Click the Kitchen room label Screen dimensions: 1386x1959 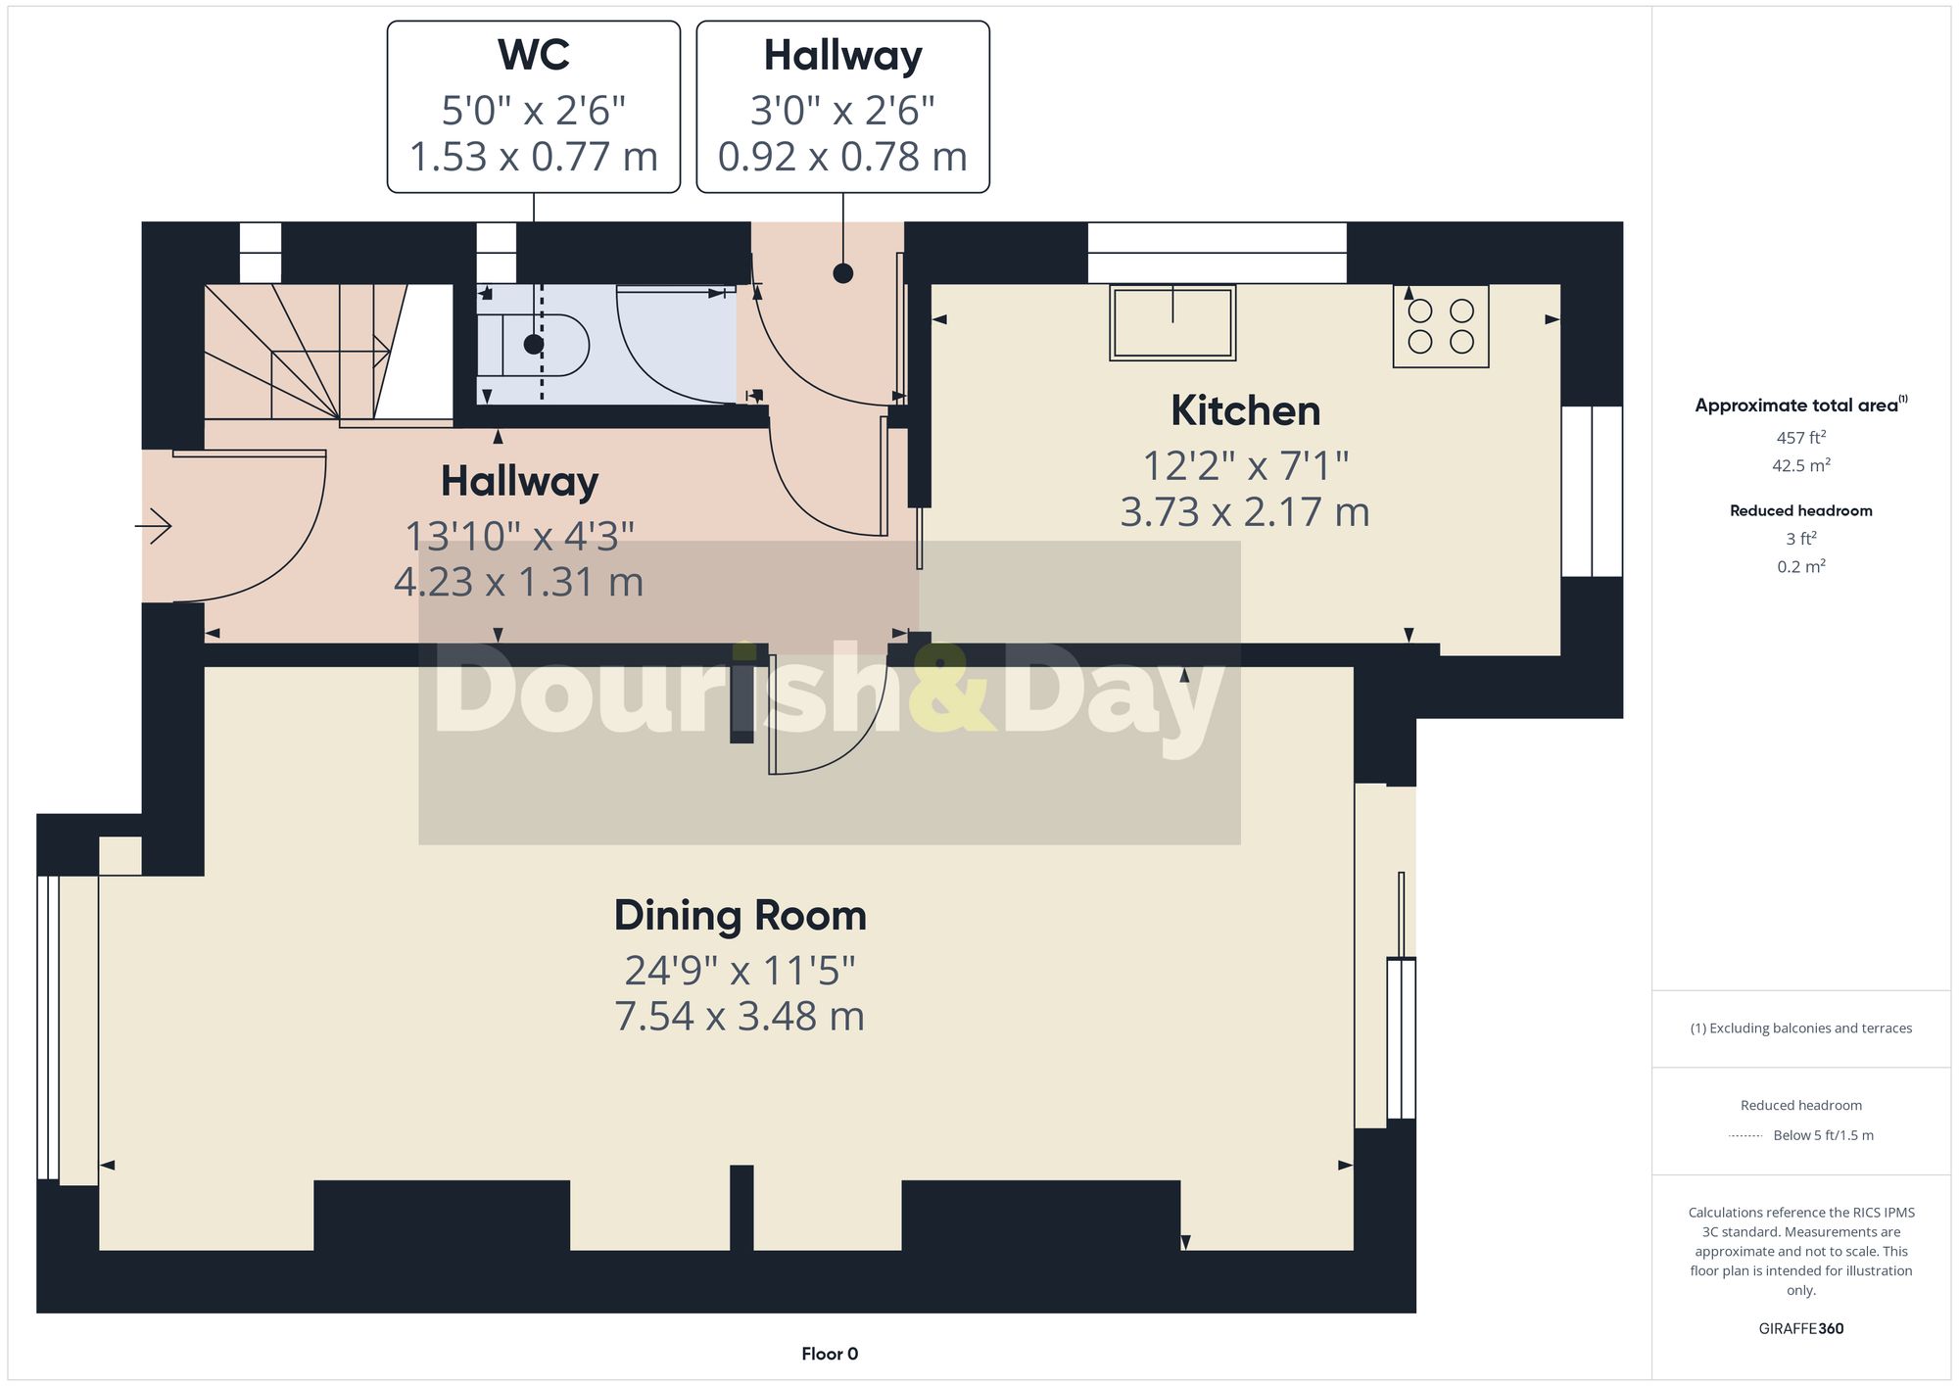[x=1245, y=410]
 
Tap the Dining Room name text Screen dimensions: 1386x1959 [x=740, y=916]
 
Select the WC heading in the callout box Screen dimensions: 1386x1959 [x=533, y=55]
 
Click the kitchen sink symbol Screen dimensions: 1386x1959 [x=1172, y=322]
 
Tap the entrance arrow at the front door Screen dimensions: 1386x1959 [x=154, y=527]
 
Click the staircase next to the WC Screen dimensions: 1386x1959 [x=304, y=353]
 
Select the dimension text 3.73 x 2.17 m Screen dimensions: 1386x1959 [x=1244, y=512]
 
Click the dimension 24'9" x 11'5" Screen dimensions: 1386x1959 [x=740, y=971]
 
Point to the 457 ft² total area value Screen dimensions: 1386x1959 [x=1800, y=438]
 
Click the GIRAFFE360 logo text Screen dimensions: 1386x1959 [x=1800, y=1328]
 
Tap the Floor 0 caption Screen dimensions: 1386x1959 [x=829, y=1354]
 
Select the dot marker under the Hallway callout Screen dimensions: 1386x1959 [x=842, y=273]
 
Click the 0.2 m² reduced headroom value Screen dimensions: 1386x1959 [x=1800, y=566]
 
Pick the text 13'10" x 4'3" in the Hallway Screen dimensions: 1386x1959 [x=519, y=536]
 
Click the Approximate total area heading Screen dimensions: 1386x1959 [x=1800, y=406]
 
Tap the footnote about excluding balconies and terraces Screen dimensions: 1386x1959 [x=1800, y=1028]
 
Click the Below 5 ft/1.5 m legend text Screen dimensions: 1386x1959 [x=1822, y=1135]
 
